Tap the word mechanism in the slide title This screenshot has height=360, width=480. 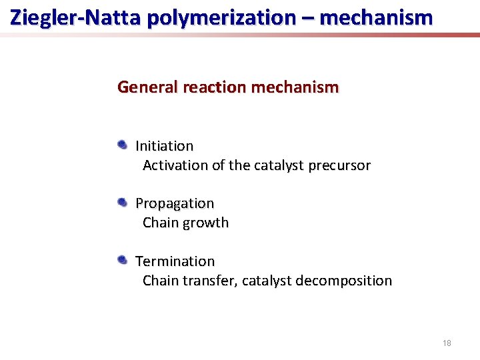[377, 17]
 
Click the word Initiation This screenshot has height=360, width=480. [165, 145]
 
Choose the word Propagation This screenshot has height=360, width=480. [175, 203]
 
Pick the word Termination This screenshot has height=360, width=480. [175, 261]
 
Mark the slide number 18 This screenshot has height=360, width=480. [447, 343]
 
